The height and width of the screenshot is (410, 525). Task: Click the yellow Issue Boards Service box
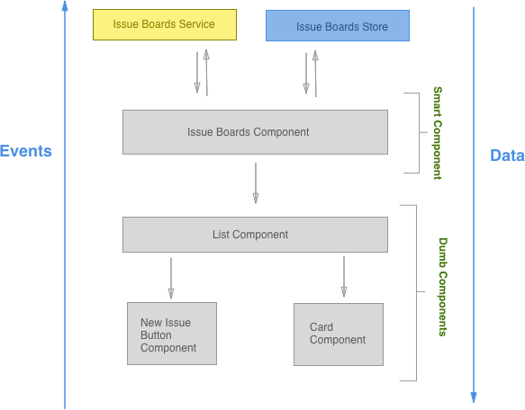(165, 25)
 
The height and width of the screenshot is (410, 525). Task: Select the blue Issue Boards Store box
(338, 26)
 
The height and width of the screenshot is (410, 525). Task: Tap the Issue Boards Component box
(255, 132)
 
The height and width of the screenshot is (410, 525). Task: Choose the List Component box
(255, 235)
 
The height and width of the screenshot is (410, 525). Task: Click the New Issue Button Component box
(172, 334)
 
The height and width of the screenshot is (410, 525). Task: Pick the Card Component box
(339, 334)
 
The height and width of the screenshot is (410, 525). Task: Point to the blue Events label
(26, 151)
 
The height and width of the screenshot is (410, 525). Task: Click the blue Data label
(506, 156)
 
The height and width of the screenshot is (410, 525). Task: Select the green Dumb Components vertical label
(443, 287)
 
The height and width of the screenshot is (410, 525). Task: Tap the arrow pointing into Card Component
(344, 276)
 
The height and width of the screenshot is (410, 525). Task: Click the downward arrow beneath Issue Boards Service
(197, 74)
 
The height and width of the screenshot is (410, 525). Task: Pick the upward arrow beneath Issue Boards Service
(207, 72)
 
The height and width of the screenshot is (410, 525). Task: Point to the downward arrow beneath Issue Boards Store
(306, 74)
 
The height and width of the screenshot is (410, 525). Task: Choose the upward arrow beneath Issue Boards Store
(315, 72)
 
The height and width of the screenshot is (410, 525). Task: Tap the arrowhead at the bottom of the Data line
(474, 396)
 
